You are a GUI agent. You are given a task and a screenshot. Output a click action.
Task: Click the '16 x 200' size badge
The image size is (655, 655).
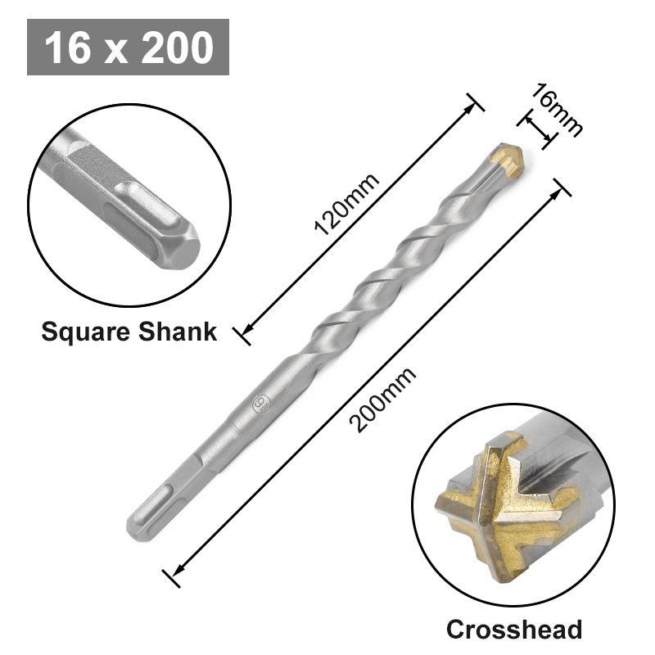tap(128, 47)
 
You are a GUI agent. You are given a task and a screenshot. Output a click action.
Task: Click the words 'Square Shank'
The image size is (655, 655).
tap(129, 332)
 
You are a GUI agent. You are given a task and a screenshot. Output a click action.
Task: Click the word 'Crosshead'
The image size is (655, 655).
tap(514, 629)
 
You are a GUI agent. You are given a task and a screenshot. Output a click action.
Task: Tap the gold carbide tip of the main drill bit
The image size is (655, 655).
tap(510, 159)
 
